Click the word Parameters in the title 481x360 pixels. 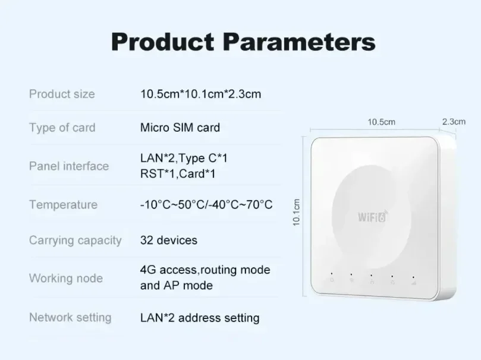point(299,42)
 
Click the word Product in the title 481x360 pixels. point(162,42)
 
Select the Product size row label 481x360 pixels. point(62,94)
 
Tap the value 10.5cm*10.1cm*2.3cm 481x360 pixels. point(200,94)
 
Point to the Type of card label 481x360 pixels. point(62,128)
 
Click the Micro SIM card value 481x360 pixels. point(180,128)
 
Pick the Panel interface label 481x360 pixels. point(69,166)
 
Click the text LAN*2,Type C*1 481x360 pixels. point(184,159)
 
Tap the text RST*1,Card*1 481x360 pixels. point(178,173)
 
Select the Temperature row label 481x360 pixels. point(63,205)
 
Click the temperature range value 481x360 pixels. point(206,204)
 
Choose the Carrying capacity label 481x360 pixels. point(76,241)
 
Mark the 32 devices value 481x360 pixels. point(169,240)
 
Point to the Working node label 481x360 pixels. point(66,279)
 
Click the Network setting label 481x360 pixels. point(70,317)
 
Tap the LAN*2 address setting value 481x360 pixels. point(200,318)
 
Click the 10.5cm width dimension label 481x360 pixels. point(381,122)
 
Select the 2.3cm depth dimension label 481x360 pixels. point(454,122)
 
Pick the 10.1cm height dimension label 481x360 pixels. point(296,212)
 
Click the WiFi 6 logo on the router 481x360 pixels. point(373,216)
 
